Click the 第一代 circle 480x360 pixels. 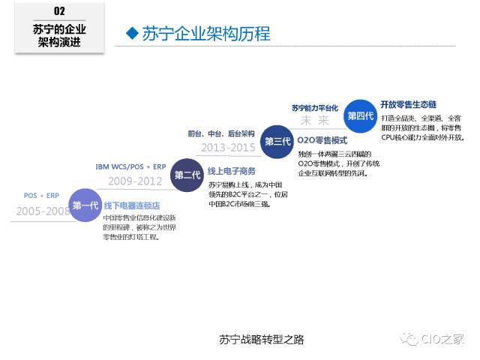[85, 205]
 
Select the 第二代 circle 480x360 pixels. [187, 175]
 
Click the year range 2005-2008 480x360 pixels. [42, 211]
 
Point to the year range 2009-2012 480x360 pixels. [135, 181]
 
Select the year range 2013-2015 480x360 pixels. [228, 147]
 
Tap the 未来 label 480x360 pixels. [315, 120]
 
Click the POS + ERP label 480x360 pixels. [40, 196]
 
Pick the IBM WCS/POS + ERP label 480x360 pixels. [130, 166]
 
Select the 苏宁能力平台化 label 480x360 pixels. [315, 107]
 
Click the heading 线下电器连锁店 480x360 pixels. [131, 205]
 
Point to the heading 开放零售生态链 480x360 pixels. [408, 103]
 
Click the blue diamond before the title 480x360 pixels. [133, 33]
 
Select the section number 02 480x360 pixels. [60, 11]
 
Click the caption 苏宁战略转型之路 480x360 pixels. [251, 339]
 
